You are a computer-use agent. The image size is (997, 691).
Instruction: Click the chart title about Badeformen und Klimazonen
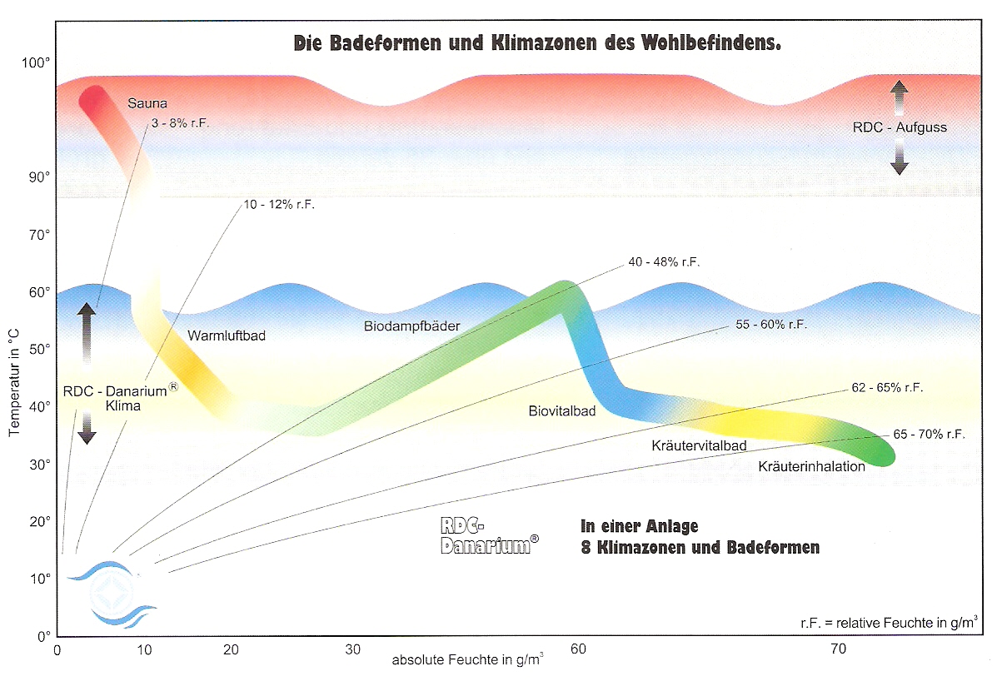537,42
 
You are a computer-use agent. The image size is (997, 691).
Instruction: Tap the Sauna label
147,104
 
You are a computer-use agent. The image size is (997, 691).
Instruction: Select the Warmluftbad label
227,336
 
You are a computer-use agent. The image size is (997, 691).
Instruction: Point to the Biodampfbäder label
411,326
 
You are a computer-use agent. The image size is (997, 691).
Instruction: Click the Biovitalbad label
562,410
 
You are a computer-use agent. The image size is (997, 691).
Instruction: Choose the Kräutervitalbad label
698,446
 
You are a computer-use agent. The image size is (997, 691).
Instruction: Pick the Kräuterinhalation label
811,466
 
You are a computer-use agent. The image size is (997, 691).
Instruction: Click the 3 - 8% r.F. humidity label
181,123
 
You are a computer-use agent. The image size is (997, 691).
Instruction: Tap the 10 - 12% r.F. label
279,204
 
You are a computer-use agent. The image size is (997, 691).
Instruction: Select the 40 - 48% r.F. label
664,262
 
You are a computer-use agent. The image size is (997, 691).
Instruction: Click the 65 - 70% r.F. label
929,435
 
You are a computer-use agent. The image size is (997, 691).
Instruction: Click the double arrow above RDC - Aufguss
899,97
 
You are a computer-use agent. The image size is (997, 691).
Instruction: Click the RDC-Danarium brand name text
488,536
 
